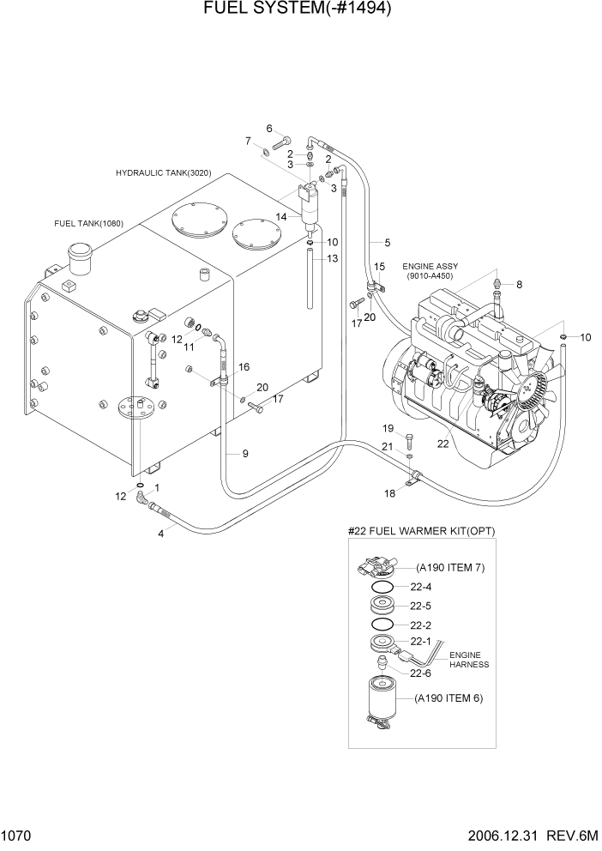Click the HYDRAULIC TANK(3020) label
163,173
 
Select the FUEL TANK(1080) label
88,224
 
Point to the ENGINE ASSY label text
429,267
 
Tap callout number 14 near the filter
281,218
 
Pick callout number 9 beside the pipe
244,453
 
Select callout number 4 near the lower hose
160,534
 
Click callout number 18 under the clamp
389,492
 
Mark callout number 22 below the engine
442,444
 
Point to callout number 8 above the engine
518,284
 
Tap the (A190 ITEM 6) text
449,698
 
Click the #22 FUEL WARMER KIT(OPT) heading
421,532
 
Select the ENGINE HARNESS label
468,660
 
